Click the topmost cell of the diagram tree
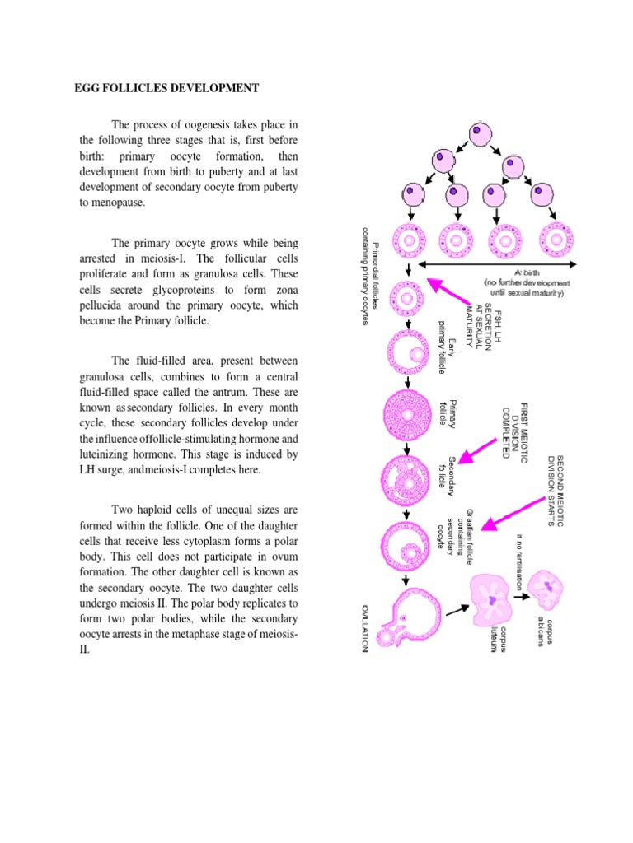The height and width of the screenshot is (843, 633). coord(481,136)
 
